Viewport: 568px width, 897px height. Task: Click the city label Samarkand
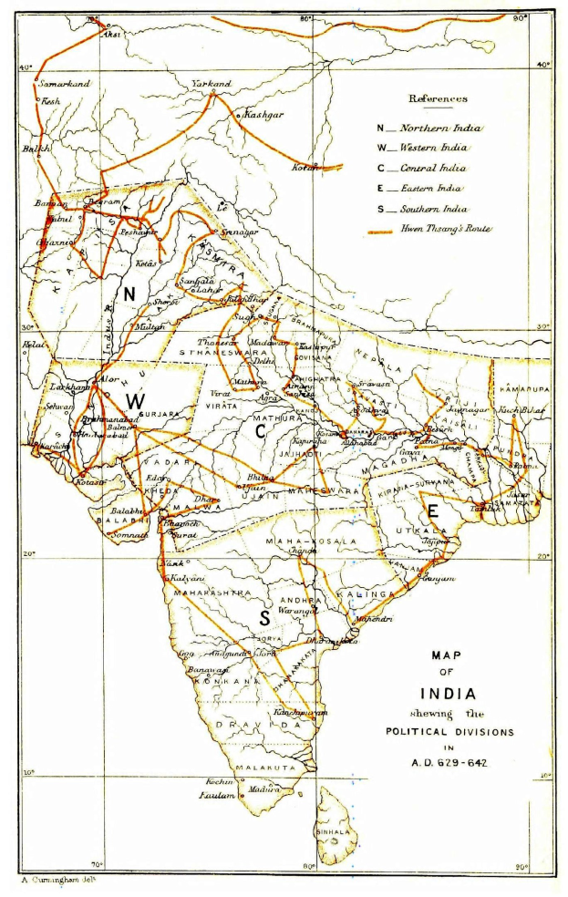tap(65, 84)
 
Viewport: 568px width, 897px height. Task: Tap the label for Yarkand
tap(211, 84)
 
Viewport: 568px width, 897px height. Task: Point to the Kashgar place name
tap(263, 116)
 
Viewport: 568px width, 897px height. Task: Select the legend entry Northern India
tap(440, 129)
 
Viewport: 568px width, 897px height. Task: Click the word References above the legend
tap(438, 98)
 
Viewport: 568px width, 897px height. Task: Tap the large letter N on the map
tap(129, 294)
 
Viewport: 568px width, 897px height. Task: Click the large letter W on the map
tap(135, 401)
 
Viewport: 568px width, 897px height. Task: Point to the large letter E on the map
tap(433, 510)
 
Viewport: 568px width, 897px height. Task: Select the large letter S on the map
tap(264, 618)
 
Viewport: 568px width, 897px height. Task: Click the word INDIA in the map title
tap(447, 693)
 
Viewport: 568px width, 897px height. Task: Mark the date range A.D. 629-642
tap(447, 762)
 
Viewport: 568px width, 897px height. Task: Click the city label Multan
tap(150, 326)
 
